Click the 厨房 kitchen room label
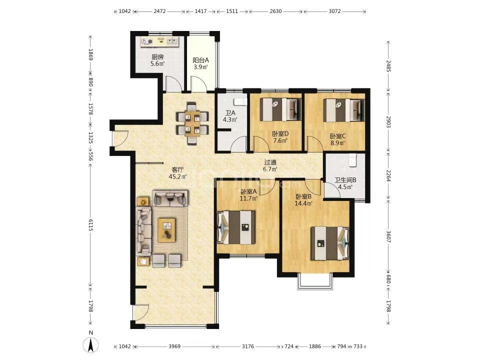(157, 57)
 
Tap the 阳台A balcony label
(201, 60)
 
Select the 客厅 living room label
(177, 169)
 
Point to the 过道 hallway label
(270, 162)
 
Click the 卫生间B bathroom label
(345, 180)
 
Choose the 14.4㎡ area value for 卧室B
(303, 203)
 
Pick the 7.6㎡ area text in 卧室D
(280, 140)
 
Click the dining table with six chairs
(192, 123)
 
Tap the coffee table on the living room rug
(166, 230)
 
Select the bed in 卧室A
(236, 227)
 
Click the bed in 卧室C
(344, 110)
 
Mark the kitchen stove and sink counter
(159, 41)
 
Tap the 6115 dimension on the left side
(90, 225)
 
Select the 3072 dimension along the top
(334, 11)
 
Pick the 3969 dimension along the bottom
(174, 346)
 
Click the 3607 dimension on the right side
(388, 236)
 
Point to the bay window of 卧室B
(315, 281)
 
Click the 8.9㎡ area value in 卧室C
(338, 142)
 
